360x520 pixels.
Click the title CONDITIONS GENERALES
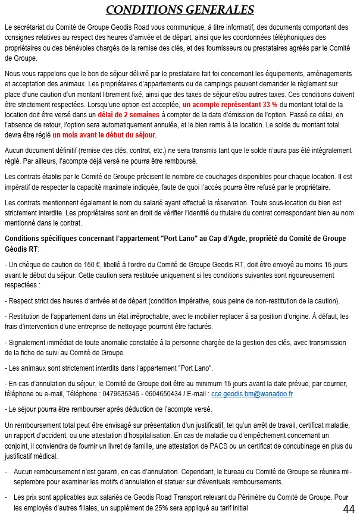click(180, 10)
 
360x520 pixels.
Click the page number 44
click(349, 509)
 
